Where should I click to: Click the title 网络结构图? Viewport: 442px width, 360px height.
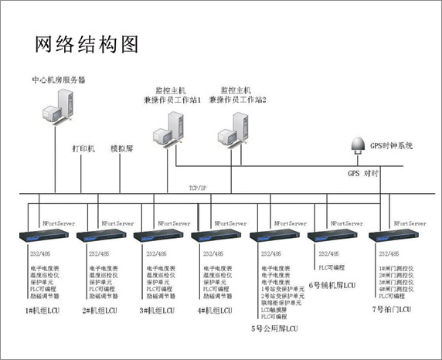[87, 44]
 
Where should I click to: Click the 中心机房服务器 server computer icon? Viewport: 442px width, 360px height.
[59, 108]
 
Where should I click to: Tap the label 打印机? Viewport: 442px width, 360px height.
[83, 148]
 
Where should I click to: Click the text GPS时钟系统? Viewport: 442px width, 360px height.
[392, 145]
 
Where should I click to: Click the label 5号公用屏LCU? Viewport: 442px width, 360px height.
[274, 329]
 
